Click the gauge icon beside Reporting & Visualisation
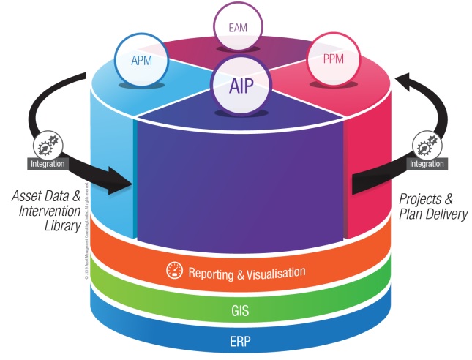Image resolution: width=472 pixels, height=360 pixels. pyautogui.click(x=173, y=271)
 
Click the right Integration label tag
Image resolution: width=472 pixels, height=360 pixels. pyautogui.click(x=426, y=163)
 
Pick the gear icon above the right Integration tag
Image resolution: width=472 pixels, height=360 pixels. pyautogui.click(x=426, y=143)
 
